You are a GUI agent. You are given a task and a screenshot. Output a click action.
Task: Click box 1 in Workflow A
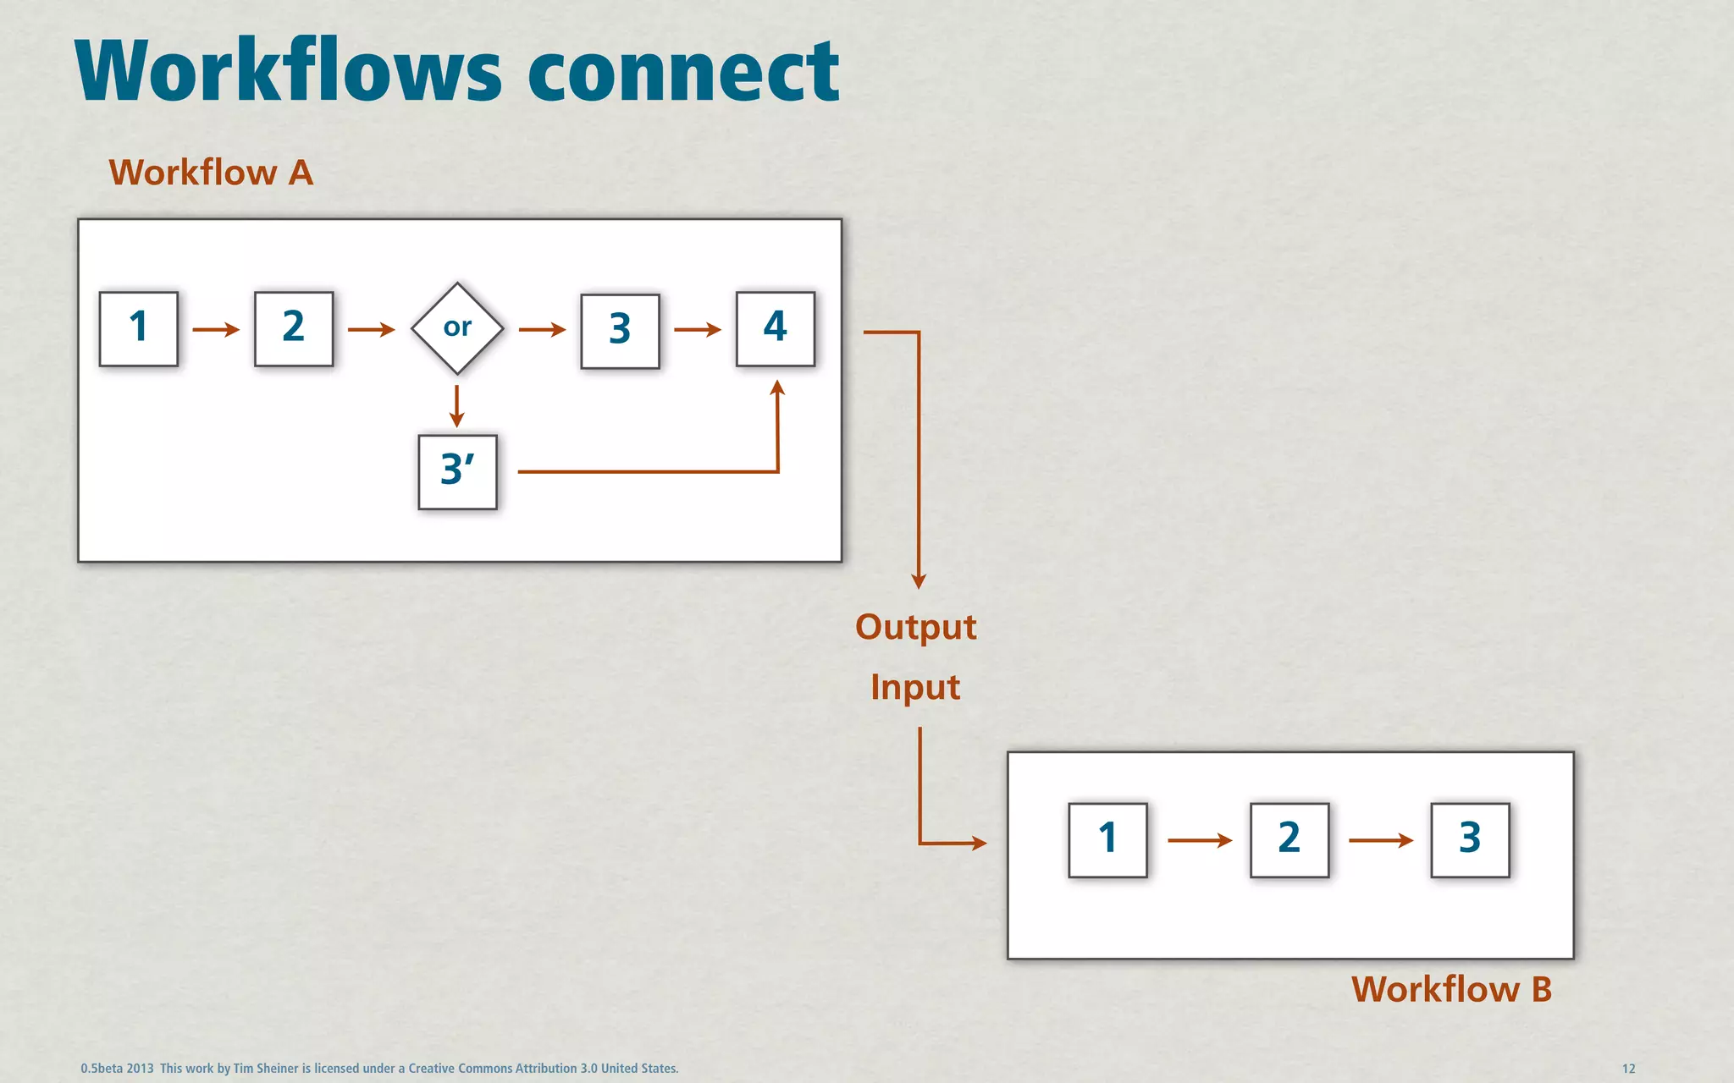click(138, 328)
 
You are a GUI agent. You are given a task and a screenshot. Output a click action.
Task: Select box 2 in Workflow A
click(293, 328)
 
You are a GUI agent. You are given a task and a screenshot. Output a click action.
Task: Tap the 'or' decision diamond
click(457, 328)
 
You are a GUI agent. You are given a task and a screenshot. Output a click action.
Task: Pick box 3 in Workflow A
click(620, 331)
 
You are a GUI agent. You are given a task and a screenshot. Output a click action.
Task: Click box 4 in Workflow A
click(775, 328)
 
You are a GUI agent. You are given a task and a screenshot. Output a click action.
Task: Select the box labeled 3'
click(457, 471)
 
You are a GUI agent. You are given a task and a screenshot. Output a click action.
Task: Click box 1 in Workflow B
click(1107, 839)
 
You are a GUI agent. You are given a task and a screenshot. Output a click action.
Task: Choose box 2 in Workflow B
click(1289, 839)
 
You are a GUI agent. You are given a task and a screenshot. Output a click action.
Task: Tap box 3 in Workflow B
click(1470, 839)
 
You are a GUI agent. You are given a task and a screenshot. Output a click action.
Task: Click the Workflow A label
click(211, 173)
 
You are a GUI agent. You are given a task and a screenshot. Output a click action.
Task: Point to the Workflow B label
click(1451, 989)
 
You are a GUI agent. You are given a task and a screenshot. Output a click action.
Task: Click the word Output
click(915, 628)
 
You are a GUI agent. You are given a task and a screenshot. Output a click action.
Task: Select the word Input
click(914, 687)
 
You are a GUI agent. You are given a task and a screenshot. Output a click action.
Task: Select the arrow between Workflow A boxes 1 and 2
click(216, 329)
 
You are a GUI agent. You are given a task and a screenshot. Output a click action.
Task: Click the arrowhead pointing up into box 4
click(777, 389)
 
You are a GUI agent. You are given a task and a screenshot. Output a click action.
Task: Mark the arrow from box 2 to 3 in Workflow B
click(1380, 840)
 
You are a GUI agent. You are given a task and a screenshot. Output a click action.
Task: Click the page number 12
click(1628, 1069)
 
